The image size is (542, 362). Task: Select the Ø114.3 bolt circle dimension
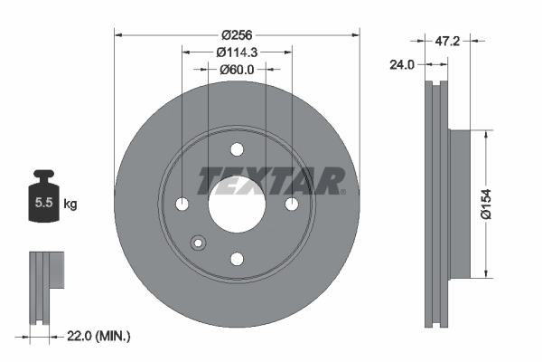point(237,52)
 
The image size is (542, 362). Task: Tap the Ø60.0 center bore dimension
point(237,69)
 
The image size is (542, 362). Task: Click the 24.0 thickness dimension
point(403,65)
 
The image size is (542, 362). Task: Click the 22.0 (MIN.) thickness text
point(98,337)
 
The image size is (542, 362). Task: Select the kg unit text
point(70,205)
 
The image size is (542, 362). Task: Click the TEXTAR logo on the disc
point(271,181)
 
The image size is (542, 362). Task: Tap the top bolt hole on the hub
point(237,150)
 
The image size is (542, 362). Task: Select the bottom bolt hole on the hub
point(237,260)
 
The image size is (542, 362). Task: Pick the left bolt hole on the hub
point(182,205)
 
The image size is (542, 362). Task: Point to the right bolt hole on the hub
point(291,205)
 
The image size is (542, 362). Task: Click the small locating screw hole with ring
point(199,242)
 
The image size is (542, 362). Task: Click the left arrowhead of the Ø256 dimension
point(119,35)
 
